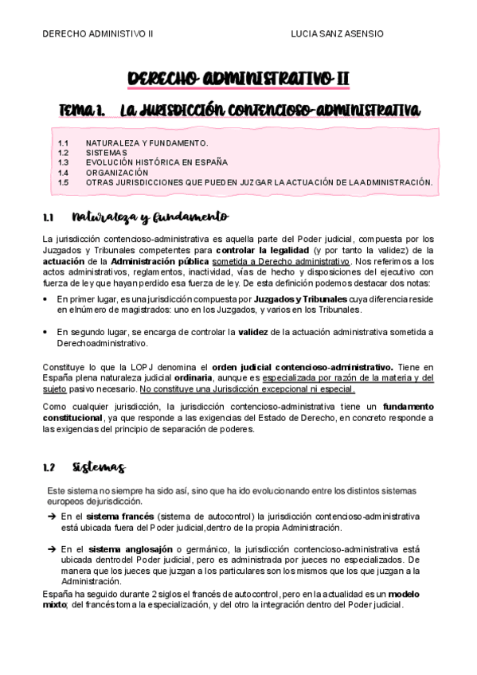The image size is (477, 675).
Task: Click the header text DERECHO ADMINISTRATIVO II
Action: coord(98,34)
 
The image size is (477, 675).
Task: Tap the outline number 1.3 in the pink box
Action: coord(64,162)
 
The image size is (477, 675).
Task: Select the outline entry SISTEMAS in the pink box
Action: coord(106,152)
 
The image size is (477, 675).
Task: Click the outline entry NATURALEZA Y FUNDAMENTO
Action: coord(147,142)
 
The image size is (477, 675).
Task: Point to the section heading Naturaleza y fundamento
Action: coord(150,217)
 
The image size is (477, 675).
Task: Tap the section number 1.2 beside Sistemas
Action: coord(49,467)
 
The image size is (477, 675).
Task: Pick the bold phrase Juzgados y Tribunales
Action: coord(299,298)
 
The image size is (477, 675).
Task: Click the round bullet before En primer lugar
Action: coord(44,298)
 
